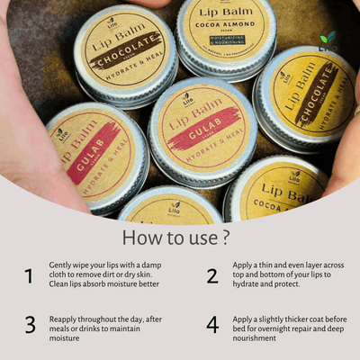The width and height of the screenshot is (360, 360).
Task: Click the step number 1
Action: [x=30, y=276]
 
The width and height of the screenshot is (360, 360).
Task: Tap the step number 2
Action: [x=212, y=276]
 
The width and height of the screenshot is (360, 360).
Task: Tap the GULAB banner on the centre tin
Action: [x=203, y=131]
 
